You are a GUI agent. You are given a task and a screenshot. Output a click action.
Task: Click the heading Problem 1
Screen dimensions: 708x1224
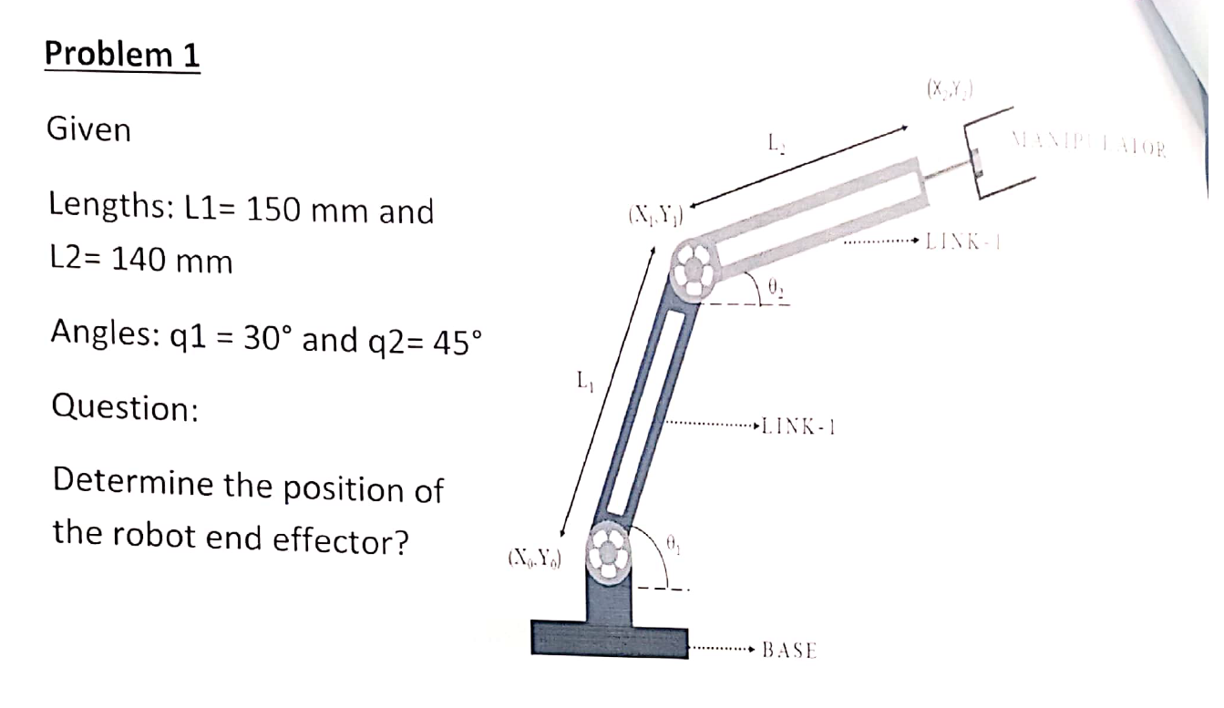121,56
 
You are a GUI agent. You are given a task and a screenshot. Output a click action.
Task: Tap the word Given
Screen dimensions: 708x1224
88,130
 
